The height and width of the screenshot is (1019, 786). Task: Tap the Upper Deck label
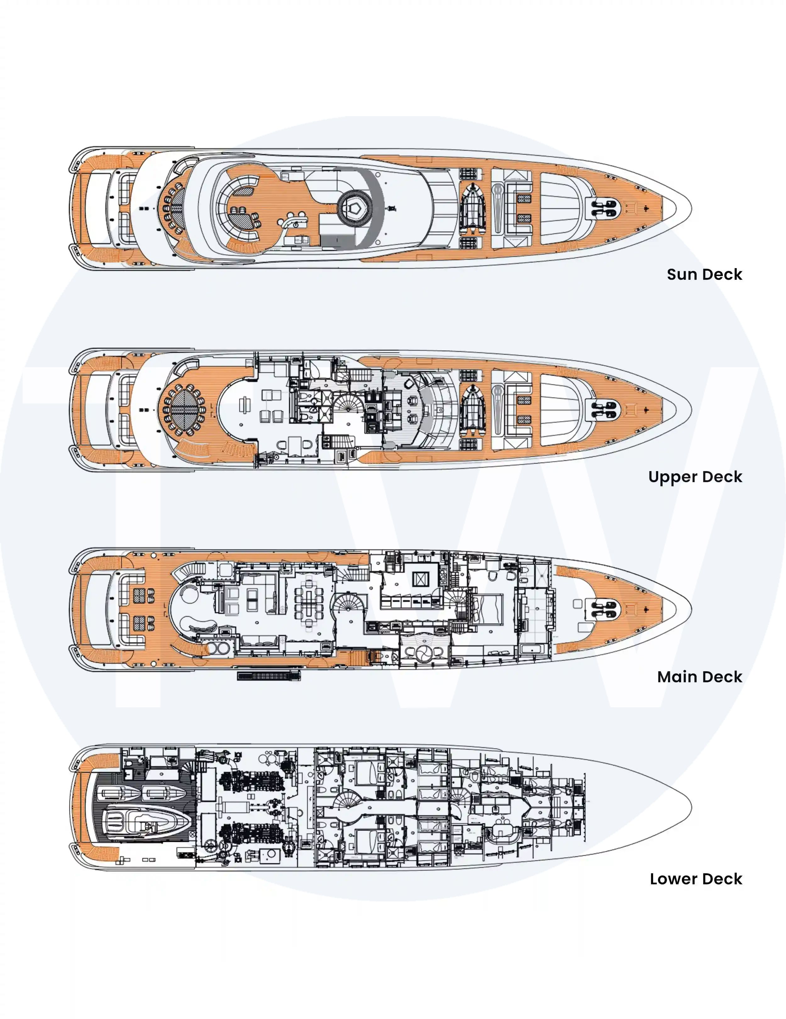[x=695, y=476]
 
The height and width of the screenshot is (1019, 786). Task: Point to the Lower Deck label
[x=696, y=879]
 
